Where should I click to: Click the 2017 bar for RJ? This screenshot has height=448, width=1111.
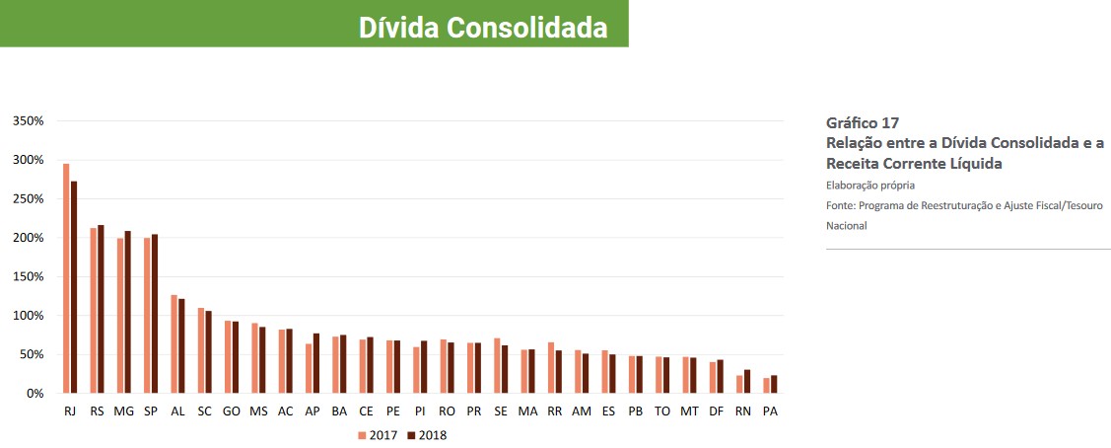66,278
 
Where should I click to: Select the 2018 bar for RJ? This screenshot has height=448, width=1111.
74,287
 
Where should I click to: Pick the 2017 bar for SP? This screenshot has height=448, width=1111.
147,315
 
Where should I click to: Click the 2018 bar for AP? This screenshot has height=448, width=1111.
315,363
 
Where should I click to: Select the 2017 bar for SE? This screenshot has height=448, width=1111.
497,366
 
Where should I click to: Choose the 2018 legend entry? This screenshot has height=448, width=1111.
428,434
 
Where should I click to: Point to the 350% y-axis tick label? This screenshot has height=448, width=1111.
29,121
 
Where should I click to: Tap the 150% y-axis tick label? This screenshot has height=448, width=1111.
29,277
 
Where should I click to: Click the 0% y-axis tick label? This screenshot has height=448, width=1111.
35,394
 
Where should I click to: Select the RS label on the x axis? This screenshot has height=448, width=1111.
97,411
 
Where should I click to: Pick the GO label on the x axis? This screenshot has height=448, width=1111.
232,411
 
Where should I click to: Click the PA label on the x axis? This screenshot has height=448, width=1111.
770,411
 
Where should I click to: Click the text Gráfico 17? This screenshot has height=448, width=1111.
862,123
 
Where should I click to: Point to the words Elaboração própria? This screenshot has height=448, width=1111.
870,185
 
